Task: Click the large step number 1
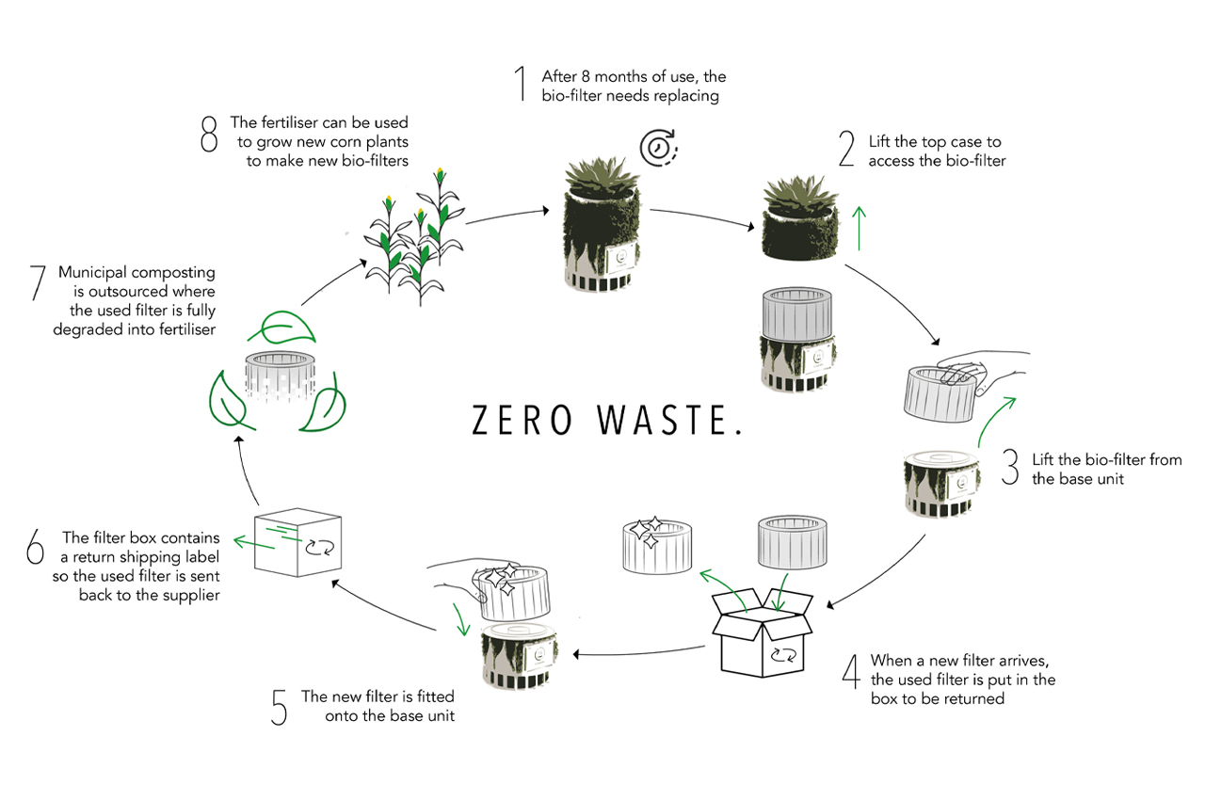coord(519,85)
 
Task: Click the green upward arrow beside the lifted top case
coord(858,228)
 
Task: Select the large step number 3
coord(1010,468)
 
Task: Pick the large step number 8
coord(209,135)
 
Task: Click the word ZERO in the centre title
coord(522,422)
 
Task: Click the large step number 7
coord(37,283)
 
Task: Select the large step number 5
coord(279,709)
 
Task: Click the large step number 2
coord(845,151)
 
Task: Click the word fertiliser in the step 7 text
coord(185,328)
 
